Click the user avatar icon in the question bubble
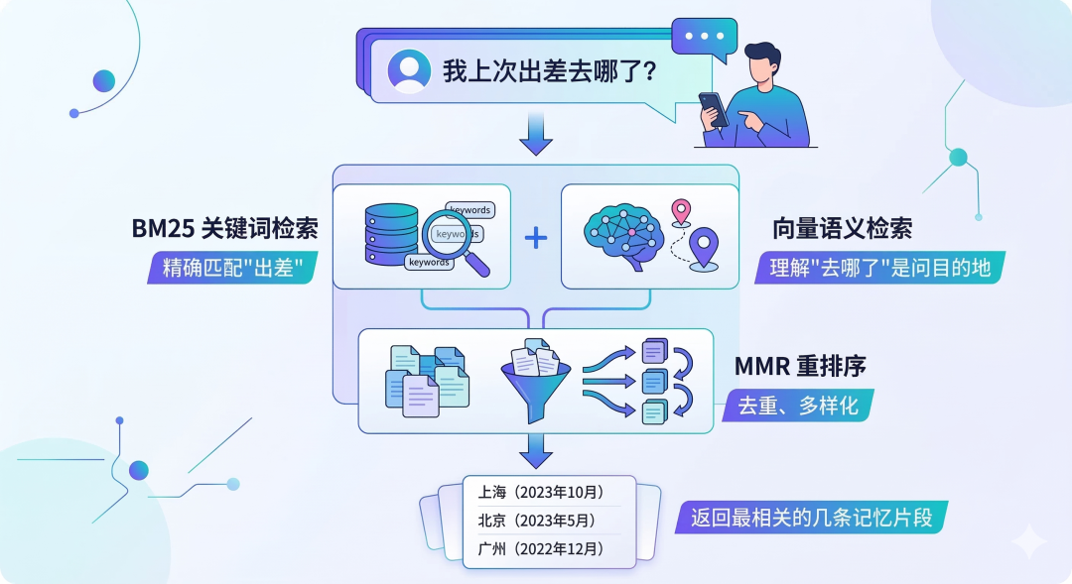tap(408, 70)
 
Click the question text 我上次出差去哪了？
tap(548, 71)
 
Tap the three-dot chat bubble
tap(705, 36)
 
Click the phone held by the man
tap(713, 108)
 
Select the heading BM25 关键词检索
tap(225, 229)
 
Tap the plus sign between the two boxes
tap(536, 237)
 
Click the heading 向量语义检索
tap(842, 229)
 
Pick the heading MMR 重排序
tap(800, 366)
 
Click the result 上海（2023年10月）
tap(541, 492)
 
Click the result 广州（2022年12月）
tap(541, 548)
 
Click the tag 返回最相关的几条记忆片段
tap(811, 518)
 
